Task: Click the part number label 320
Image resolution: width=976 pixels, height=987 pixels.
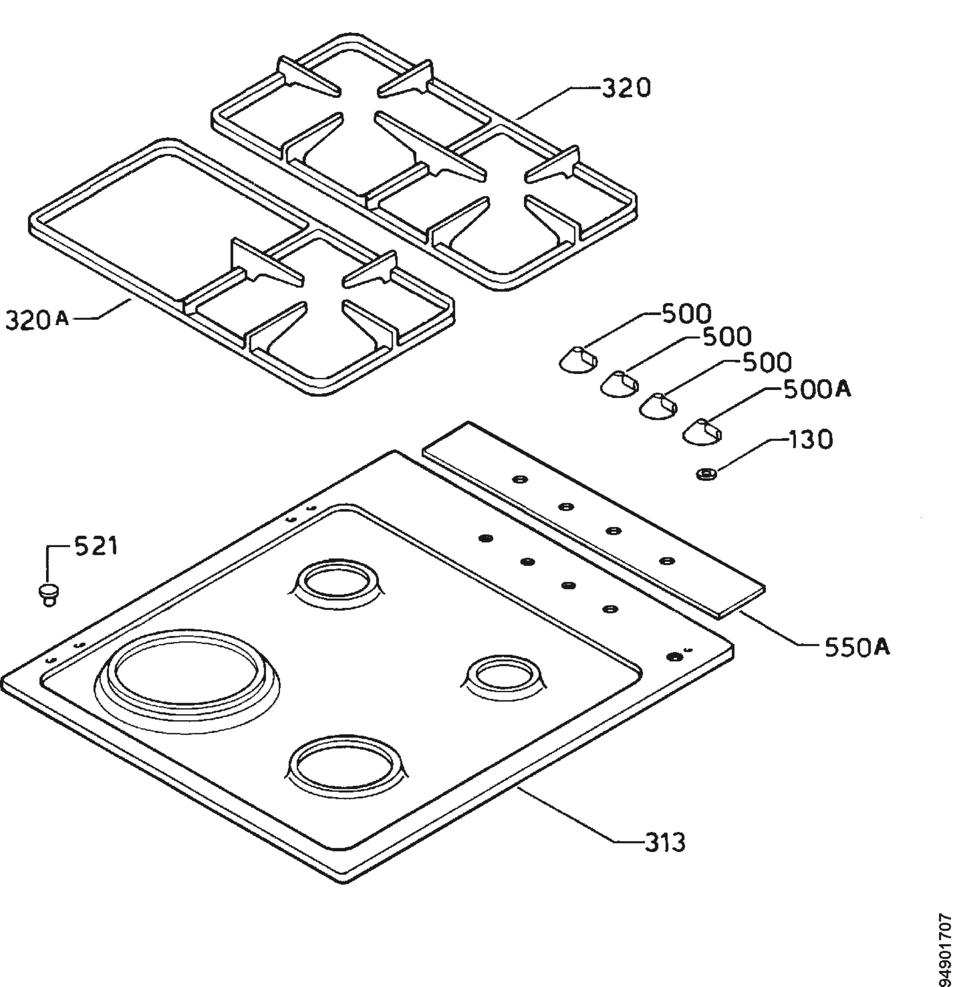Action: point(626,88)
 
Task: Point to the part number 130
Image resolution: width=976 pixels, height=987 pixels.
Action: point(810,439)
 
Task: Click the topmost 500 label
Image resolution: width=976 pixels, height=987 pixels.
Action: point(686,314)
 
